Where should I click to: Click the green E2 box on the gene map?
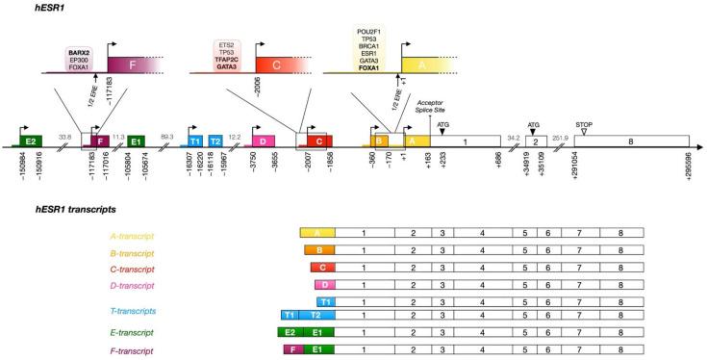(32, 141)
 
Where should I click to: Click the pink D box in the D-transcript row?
(324, 285)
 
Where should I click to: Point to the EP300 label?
(80, 66)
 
